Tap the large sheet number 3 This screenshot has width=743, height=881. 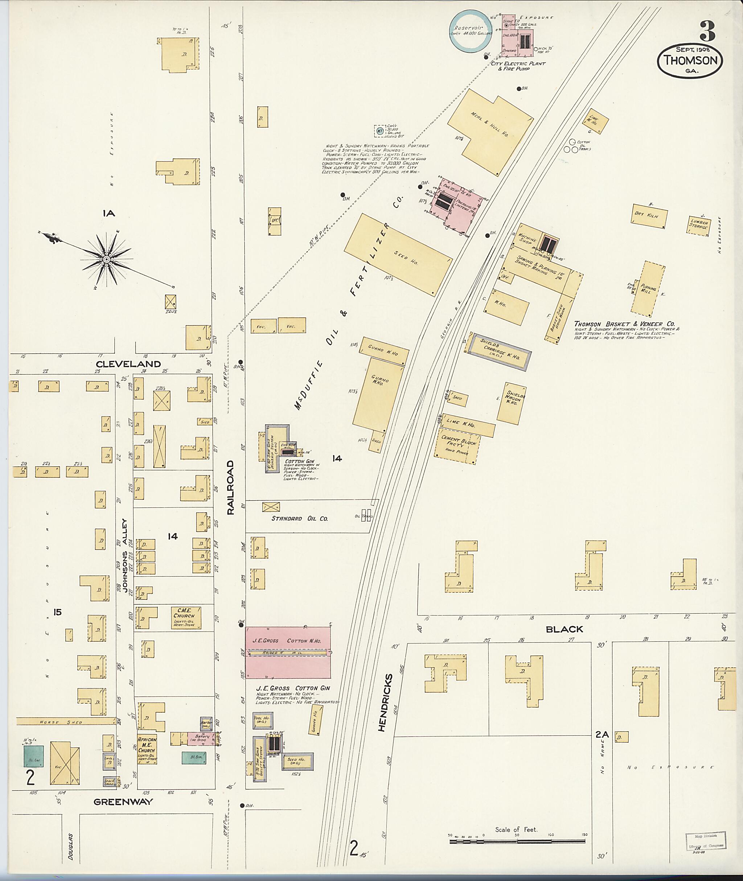[x=707, y=31]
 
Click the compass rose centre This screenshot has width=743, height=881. [x=107, y=260]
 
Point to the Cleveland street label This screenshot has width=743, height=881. [x=128, y=364]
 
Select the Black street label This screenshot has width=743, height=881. [x=564, y=629]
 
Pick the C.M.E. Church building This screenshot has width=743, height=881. [x=186, y=618]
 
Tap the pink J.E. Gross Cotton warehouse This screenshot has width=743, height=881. [x=288, y=652]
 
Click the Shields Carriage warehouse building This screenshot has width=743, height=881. [x=500, y=352]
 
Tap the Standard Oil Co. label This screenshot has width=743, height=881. [x=299, y=518]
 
